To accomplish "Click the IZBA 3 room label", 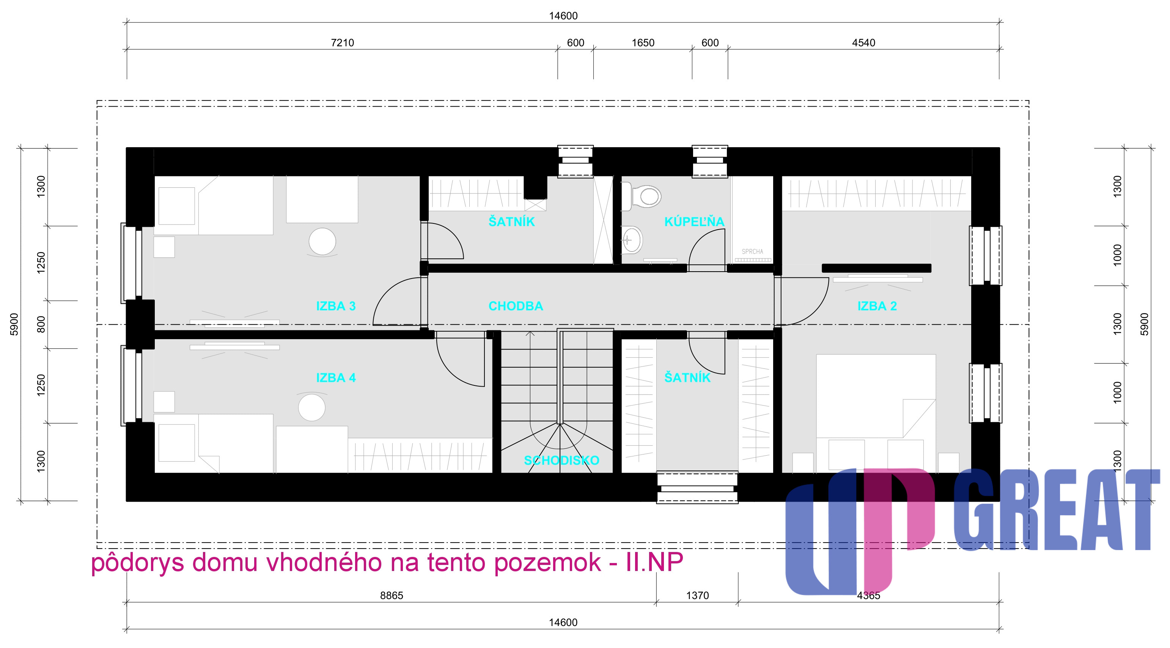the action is point(336,306).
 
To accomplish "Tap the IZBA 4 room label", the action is point(336,378).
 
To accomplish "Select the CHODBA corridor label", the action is point(516,306).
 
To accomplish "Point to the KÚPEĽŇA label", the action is point(694,221).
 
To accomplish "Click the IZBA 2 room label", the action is point(877,306).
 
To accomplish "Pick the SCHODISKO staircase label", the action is point(561,461).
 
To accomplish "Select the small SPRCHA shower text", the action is point(753,252).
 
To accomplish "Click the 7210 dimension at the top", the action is point(343,43).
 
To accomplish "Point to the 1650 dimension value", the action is point(643,43).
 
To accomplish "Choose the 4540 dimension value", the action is point(863,43).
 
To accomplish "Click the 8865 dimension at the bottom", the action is point(392,595).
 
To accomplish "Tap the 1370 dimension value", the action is point(697,595).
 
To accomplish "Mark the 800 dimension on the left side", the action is point(41,324).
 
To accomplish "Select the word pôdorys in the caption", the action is point(137,563).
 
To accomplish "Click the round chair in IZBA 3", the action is point(322,242).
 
